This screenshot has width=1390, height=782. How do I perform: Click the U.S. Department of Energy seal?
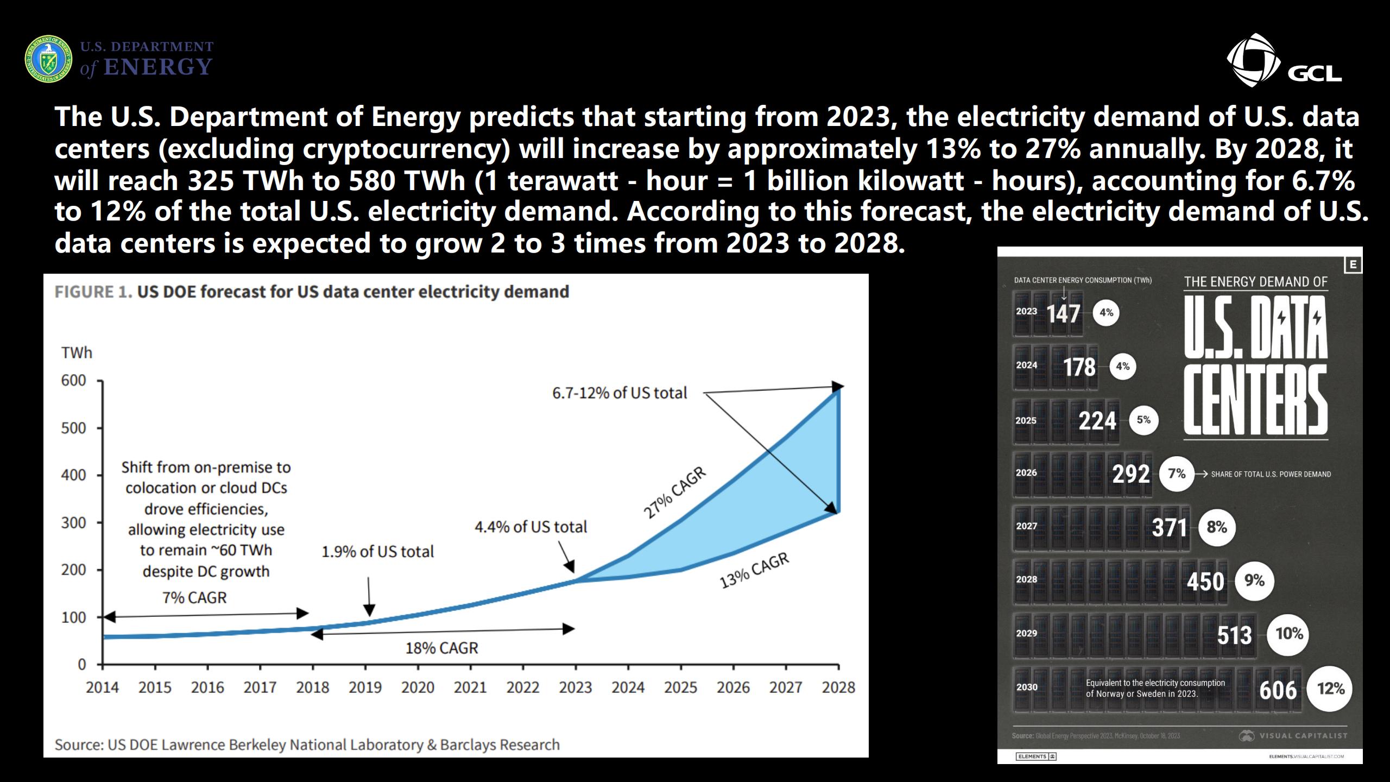48,59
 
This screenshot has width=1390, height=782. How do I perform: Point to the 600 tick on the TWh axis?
74,381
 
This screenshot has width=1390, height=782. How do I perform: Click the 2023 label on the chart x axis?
576,688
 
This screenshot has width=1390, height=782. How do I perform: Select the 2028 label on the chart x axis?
838,688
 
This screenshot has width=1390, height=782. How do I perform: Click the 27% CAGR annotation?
674,493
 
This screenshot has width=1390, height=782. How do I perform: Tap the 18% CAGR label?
442,648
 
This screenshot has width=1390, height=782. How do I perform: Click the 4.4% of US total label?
530,527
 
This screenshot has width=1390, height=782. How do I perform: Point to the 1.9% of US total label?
378,552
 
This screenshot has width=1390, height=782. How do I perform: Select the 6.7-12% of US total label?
620,393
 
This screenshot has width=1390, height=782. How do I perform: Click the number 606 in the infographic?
1278,690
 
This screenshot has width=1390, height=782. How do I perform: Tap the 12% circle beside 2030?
1330,689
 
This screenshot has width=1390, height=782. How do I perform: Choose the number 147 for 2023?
1063,313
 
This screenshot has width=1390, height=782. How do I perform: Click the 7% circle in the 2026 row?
1177,474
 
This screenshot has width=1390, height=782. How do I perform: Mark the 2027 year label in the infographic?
1026,526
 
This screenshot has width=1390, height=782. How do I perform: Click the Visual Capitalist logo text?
1303,736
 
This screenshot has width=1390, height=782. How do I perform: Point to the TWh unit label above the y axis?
77,353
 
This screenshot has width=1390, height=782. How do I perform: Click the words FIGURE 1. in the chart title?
93,292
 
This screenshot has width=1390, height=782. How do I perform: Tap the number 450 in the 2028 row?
1205,581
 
